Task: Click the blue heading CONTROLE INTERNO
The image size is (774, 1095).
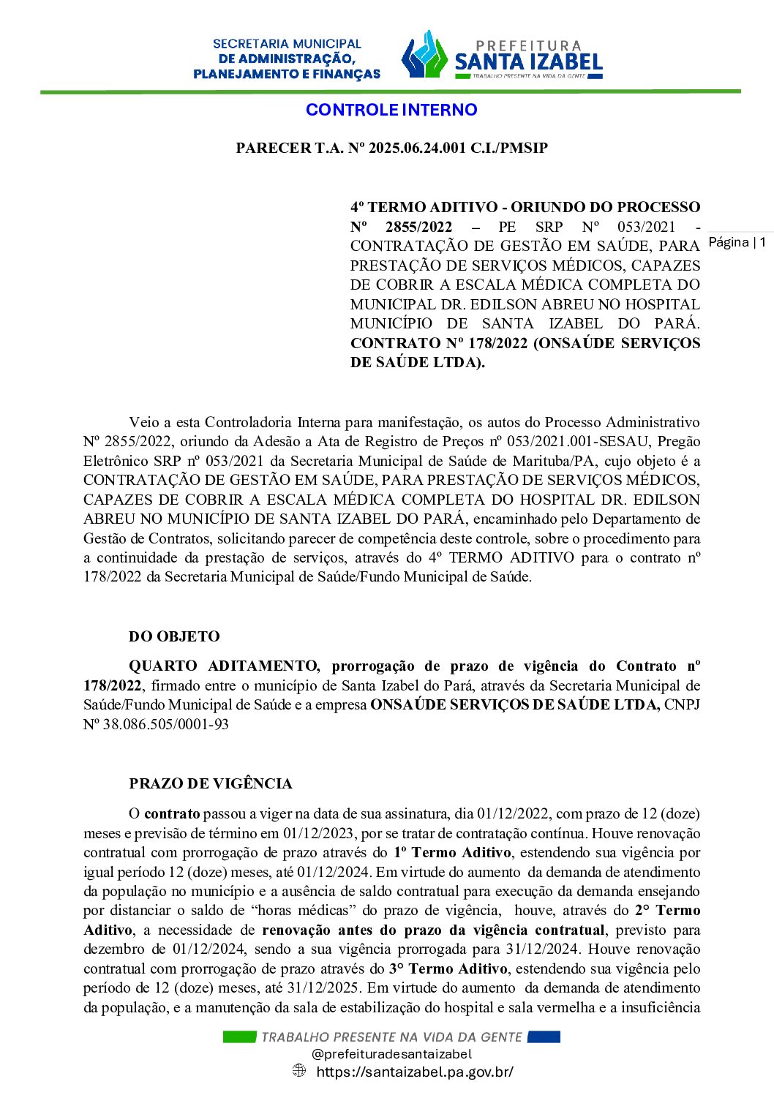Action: click(391, 110)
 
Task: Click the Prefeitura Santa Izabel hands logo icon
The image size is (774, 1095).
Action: click(424, 56)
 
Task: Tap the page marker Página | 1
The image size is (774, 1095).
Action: click(737, 242)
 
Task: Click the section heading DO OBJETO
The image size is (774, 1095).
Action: click(174, 636)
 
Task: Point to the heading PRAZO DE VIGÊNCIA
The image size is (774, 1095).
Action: click(211, 783)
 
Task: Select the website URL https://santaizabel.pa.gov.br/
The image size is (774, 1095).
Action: click(415, 1072)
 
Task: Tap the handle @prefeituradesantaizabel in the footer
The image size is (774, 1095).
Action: click(391, 1054)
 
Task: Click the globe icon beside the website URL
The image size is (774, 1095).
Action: click(299, 1071)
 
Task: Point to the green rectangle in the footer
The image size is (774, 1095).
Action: click(239, 1036)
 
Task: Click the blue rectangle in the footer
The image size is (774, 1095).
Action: click(544, 1036)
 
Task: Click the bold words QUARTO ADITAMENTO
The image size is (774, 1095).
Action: click(224, 666)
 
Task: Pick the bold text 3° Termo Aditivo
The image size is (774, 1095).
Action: click(448, 968)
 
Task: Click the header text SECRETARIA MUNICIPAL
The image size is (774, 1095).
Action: click(287, 44)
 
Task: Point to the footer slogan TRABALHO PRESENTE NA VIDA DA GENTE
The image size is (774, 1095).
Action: click(391, 1036)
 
